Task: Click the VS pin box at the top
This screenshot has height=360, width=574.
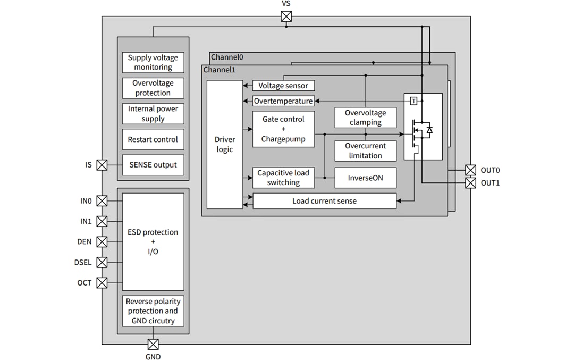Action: click(286, 16)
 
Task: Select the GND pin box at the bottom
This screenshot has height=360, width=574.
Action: click(153, 344)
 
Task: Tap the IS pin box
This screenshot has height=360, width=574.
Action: click(102, 165)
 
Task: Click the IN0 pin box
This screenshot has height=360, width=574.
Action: click(102, 201)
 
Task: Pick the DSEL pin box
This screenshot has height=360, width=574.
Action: click(102, 262)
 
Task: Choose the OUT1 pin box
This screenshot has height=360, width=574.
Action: click(470, 183)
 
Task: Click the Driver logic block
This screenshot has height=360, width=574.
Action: click(224, 144)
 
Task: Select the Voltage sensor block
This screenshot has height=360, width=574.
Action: click(283, 86)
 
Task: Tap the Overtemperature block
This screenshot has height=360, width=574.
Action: click(283, 101)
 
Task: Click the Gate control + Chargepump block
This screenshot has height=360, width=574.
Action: click(283, 129)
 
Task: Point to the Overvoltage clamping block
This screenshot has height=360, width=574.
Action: click(365, 118)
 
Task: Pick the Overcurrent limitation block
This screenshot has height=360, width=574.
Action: click(365, 151)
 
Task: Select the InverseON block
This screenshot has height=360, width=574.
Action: click(365, 178)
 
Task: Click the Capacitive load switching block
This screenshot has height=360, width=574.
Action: click(283, 178)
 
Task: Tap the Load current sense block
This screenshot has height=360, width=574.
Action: click(324, 201)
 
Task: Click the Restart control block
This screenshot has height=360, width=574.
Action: click(153, 139)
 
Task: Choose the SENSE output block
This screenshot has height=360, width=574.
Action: click(153, 165)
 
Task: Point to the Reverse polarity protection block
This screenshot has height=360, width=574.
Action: click(153, 311)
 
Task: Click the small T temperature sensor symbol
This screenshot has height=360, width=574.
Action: click(413, 101)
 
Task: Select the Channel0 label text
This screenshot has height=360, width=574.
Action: click(227, 57)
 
